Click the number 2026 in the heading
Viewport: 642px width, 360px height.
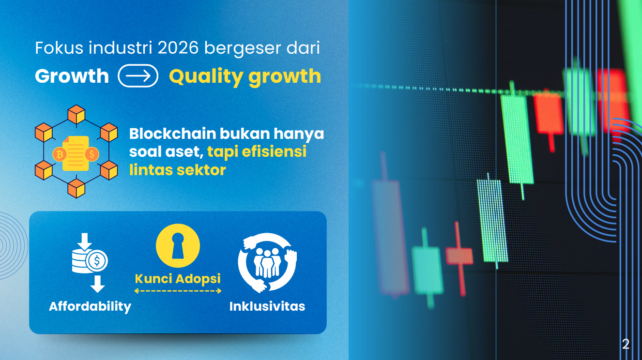pyautogui.click(x=178, y=48)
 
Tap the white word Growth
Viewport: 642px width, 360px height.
pyautogui.click(x=72, y=76)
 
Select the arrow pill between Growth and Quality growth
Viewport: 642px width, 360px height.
pyautogui.click(x=138, y=76)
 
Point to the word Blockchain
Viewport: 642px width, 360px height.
pyautogui.click(x=172, y=134)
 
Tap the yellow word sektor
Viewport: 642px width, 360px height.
pyautogui.click(x=201, y=170)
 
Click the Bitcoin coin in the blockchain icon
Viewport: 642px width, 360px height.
pyautogui.click(x=60, y=154)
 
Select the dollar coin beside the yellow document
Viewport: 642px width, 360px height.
pyautogui.click(x=92, y=154)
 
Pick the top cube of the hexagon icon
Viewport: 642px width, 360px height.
pyautogui.click(x=76, y=114)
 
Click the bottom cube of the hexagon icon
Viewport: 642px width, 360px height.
pyautogui.click(x=76, y=188)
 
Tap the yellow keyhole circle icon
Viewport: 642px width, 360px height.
pyautogui.click(x=178, y=246)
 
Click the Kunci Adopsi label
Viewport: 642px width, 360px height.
pyautogui.click(x=178, y=279)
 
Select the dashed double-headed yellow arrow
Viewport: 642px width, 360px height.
pyautogui.click(x=178, y=291)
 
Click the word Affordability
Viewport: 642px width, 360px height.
pyautogui.click(x=90, y=307)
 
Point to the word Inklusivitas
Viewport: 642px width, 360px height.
pyautogui.click(x=267, y=306)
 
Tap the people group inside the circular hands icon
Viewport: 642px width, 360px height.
pyautogui.click(x=267, y=263)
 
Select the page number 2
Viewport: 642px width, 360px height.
pyautogui.click(x=626, y=344)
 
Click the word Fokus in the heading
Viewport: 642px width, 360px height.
pyautogui.click(x=60, y=48)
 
